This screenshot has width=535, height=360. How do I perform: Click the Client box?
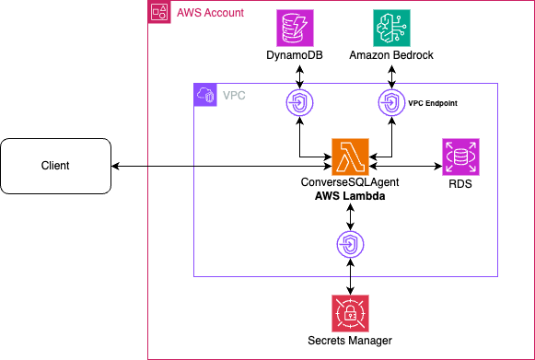(55, 166)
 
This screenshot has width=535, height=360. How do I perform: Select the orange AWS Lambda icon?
(351, 157)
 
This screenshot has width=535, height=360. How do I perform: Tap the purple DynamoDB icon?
(301, 29)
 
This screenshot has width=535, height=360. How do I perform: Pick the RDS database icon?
(460, 157)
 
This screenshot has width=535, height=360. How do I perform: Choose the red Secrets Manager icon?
(350, 315)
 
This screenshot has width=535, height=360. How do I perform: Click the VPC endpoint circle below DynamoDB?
(301, 102)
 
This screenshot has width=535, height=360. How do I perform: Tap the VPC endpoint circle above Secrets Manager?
(350, 244)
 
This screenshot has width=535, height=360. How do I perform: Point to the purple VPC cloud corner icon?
(204, 94)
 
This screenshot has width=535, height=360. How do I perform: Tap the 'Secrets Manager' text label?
(350, 342)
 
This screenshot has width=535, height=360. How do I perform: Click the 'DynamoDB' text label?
(301, 57)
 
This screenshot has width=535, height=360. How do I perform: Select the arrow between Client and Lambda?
(221, 166)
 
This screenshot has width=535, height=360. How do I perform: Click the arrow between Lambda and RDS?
(405, 166)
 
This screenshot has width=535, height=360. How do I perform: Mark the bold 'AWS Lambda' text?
(350, 198)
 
